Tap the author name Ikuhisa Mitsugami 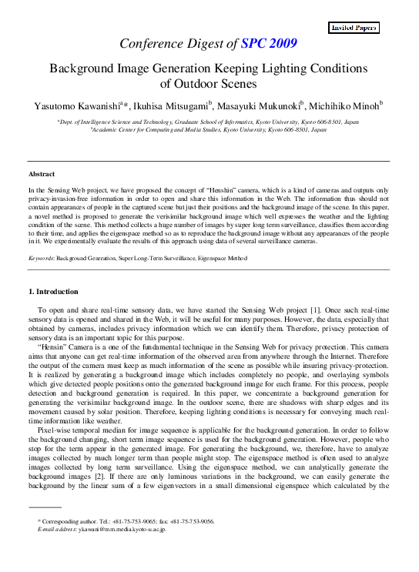tap(171, 105)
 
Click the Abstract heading tap(42, 175)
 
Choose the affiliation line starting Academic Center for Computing tap(209, 130)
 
